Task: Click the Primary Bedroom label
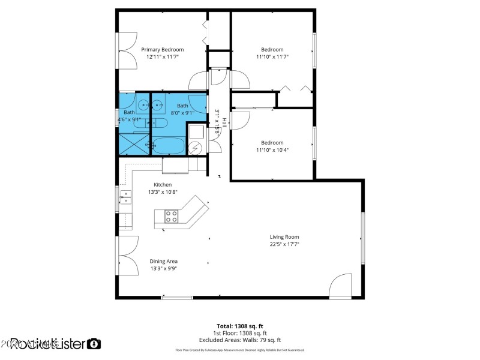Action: (x=162, y=49)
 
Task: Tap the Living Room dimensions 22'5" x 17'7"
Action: (x=284, y=244)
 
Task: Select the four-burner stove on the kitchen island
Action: (x=172, y=216)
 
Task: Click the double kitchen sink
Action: (x=126, y=197)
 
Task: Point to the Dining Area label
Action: (x=163, y=261)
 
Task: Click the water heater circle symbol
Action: (x=196, y=148)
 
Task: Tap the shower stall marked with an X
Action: (x=133, y=144)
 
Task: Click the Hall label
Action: (x=224, y=122)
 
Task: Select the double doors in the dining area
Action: (x=127, y=254)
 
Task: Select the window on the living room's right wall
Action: (x=362, y=238)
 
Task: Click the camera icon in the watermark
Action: (x=94, y=344)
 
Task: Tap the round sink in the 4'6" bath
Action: (x=143, y=106)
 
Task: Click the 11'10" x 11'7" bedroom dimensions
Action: (x=272, y=56)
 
